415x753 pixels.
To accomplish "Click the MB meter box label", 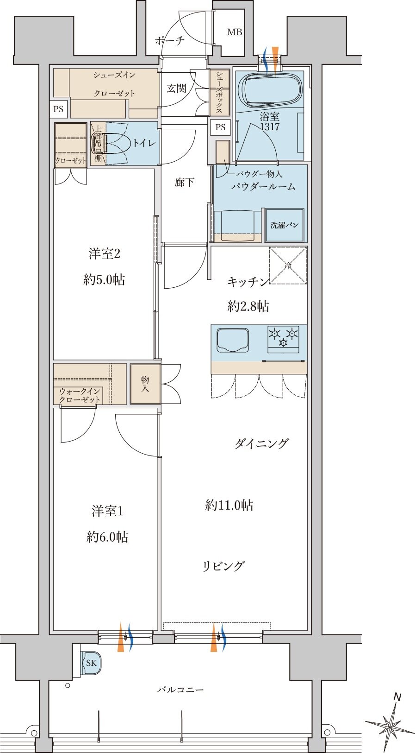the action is pos(235,32).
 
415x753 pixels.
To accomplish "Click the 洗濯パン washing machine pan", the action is pos(285,225).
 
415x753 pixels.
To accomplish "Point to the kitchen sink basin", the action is pos(233,340).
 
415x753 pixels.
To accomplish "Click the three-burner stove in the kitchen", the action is pos(284,339).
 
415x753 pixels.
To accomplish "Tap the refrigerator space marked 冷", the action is pos(288,265).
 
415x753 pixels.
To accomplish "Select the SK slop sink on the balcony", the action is pos(91,663).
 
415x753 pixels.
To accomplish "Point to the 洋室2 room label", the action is pos(105,253).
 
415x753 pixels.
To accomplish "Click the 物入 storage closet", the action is pos(145,384).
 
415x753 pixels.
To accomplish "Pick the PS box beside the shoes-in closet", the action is pos(58,109).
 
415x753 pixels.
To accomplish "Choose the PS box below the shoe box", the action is pos(220,127).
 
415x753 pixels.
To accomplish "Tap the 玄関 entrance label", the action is pos(177,89).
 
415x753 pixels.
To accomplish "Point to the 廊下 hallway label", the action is pos(184,182).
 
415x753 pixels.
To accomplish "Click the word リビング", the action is pos(223,566).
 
